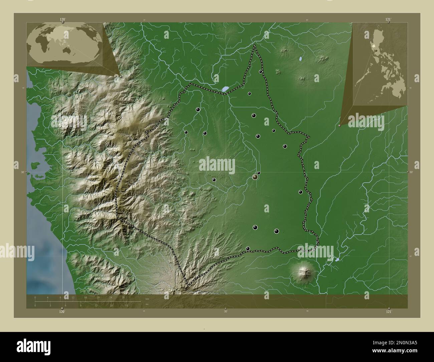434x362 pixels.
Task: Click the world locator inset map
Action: click(x=64, y=44)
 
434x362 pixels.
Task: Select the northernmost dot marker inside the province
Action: click(x=260, y=71)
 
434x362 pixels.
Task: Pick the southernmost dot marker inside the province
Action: click(x=248, y=248)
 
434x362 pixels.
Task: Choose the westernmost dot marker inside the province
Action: click(x=186, y=132)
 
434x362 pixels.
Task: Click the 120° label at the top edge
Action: click(x=62, y=20)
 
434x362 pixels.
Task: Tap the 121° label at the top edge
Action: click(x=388, y=20)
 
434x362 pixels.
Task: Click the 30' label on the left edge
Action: click(x=22, y=172)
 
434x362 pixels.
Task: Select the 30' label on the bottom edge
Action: click(x=226, y=312)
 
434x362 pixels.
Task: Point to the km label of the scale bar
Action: click(x=147, y=299)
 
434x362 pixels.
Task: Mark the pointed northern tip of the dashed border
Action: click(x=255, y=45)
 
